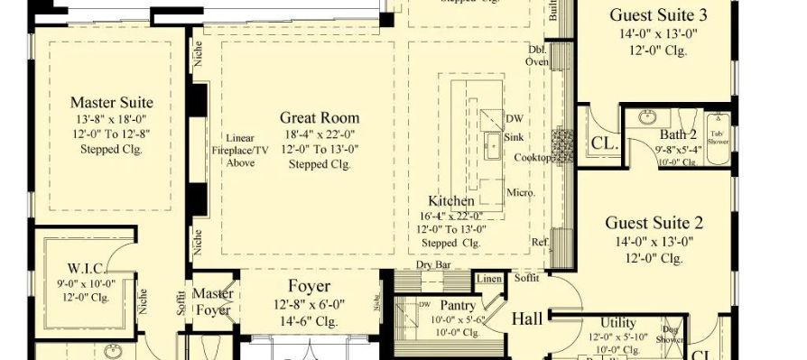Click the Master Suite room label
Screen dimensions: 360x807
(111, 102)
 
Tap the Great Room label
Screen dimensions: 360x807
(319, 117)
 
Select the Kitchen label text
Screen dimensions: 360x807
(451, 200)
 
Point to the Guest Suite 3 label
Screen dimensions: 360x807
(658, 14)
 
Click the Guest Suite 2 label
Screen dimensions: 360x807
(654, 223)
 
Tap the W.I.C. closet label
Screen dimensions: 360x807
(88, 268)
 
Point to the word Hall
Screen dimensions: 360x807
(527, 318)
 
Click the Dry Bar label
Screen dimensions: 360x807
(434, 265)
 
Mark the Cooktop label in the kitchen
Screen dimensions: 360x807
(533, 158)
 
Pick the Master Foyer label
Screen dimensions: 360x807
(215, 301)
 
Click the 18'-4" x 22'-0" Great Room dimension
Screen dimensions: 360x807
(319, 134)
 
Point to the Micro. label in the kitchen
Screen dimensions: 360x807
(521, 192)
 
